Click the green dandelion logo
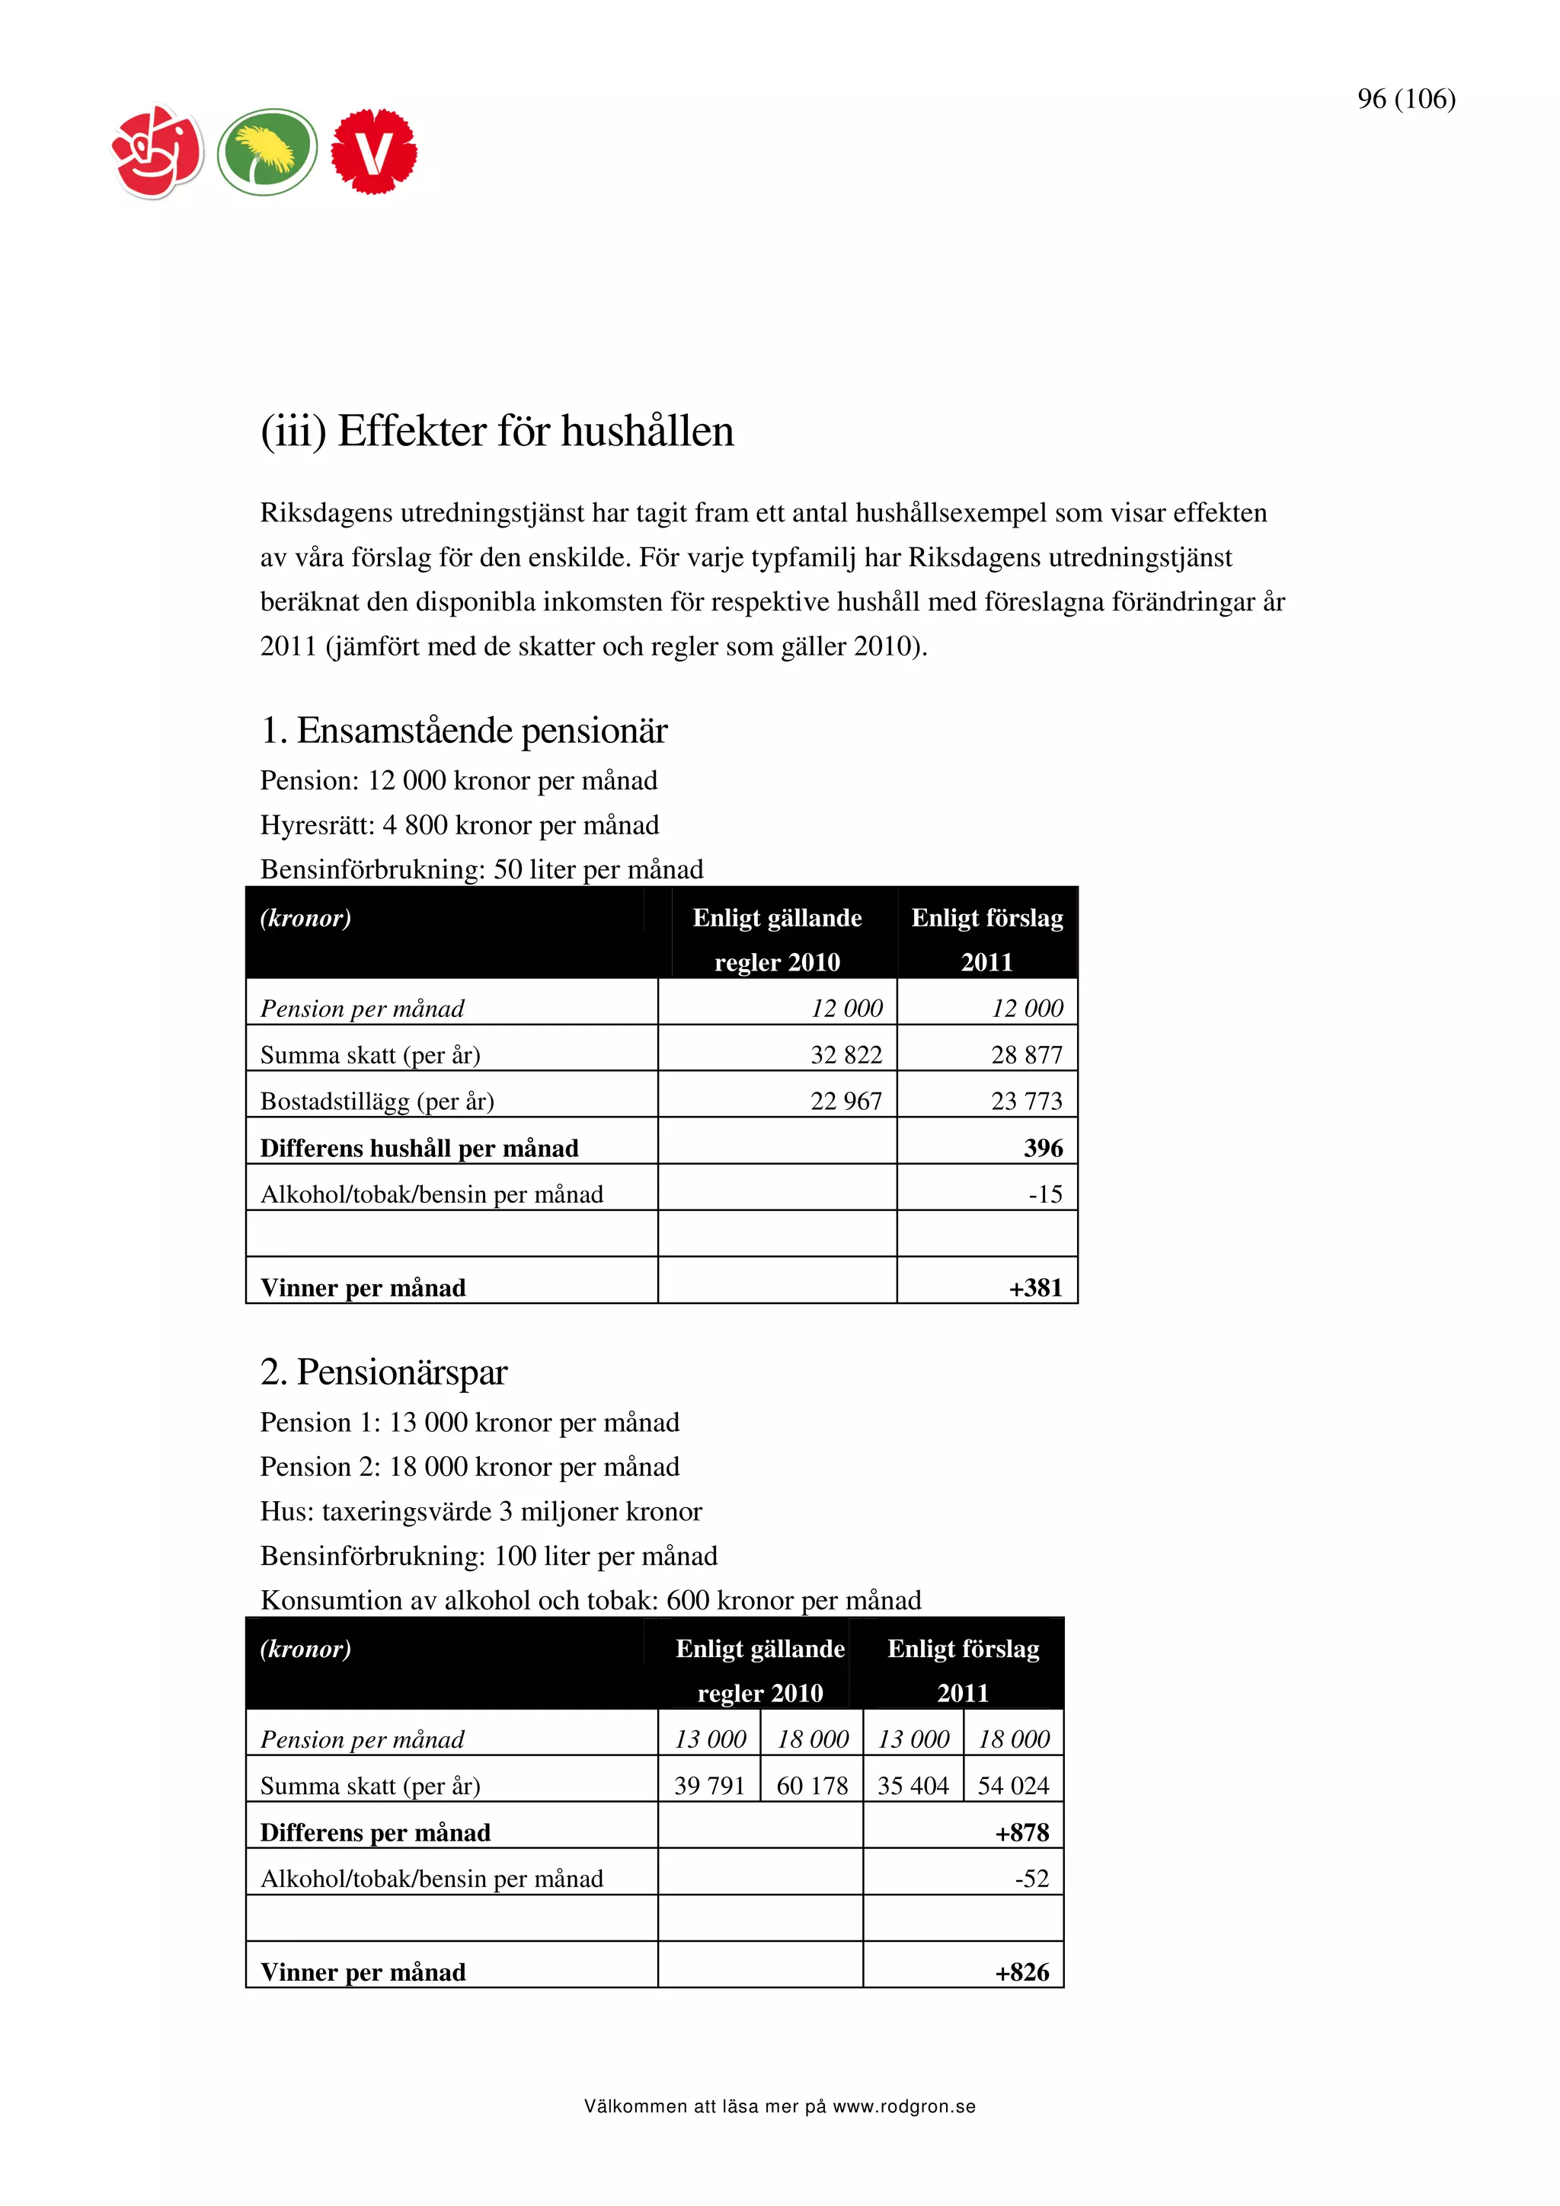(267, 151)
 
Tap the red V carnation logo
(374, 151)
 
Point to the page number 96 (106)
(1405, 99)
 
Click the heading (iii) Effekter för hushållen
(497, 432)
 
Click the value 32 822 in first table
(846, 1055)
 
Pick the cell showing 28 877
(1027, 1055)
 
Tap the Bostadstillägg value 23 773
(1027, 1101)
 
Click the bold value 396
(1043, 1148)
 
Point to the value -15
(1045, 1194)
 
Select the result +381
(1035, 1287)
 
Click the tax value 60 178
(812, 1786)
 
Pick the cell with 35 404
(913, 1786)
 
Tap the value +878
(1021, 1833)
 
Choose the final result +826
(1021, 1972)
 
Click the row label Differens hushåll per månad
(419, 1148)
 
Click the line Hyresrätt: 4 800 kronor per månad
(459, 825)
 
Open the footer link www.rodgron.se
(903, 2107)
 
